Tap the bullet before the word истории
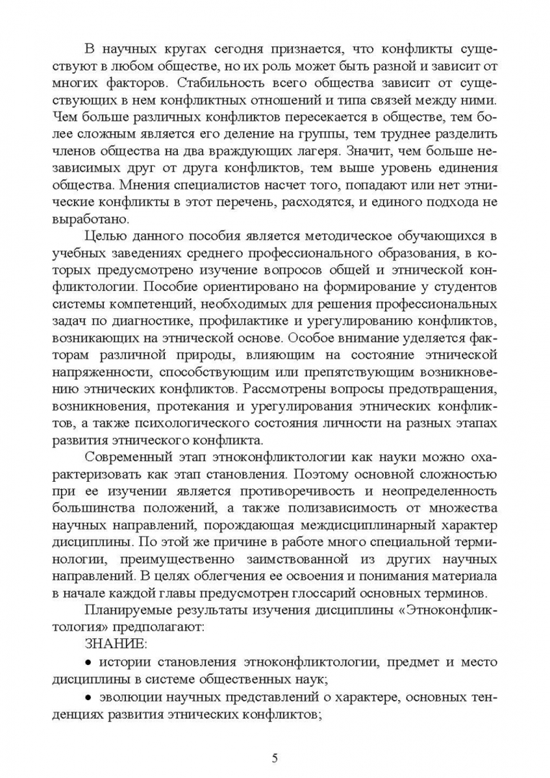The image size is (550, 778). pyautogui.click(x=89, y=661)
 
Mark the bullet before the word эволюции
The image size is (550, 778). pyautogui.click(x=89, y=696)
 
